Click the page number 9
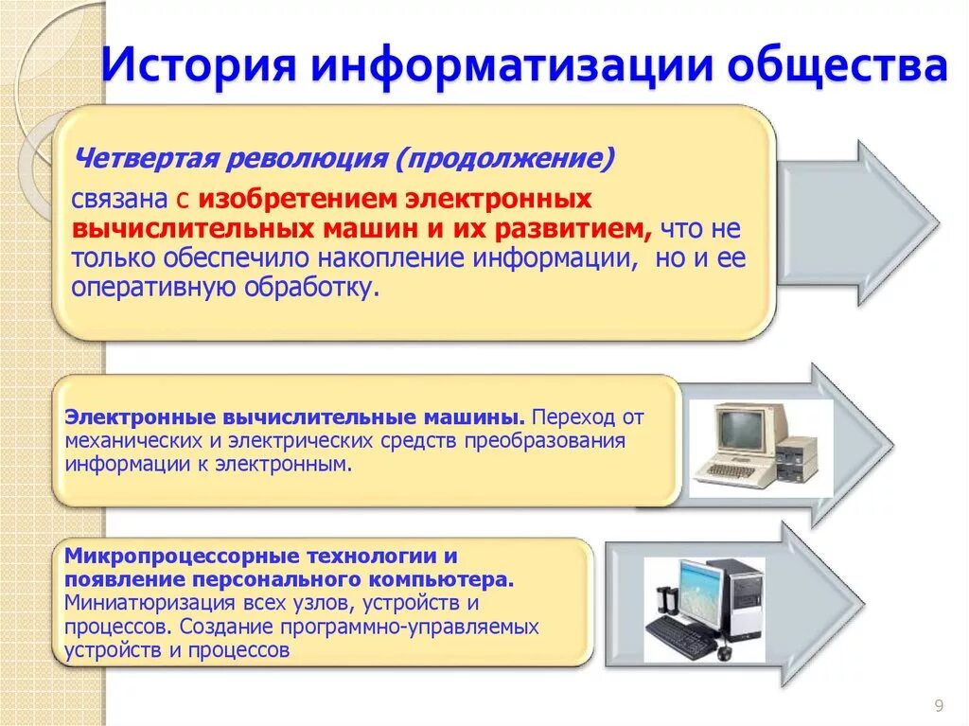938,703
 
